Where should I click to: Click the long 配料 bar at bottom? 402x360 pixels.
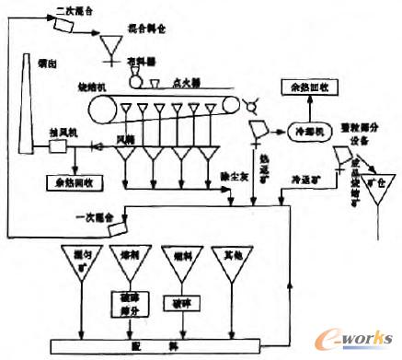pyautogui.click(x=169, y=343)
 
